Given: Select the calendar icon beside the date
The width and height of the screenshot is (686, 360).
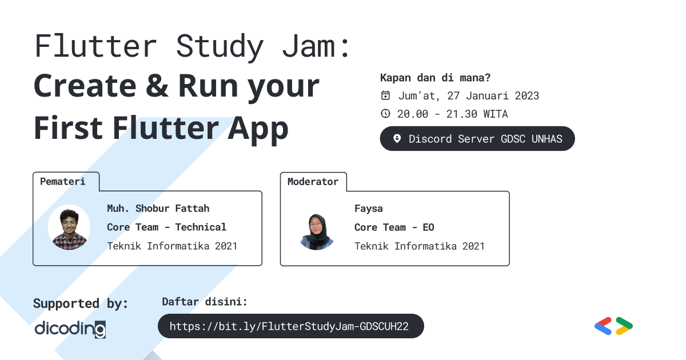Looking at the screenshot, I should pyautogui.click(x=386, y=95).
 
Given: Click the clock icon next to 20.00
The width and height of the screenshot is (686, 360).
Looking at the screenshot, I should pyautogui.click(x=386, y=114).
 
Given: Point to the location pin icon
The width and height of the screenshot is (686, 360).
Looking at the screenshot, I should pyautogui.click(x=397, y=139).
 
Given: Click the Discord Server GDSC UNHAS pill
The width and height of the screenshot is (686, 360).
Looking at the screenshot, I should pyautogui.click(x=477, y=139).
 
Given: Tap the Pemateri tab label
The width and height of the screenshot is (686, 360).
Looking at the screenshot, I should pyautogui.click(x=63, y=182).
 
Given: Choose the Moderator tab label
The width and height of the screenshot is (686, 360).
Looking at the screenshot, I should pyautogui.click(x=313, y=182).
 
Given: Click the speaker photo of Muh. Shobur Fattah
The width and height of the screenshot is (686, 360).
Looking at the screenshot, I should pyautogui.click(x=69, y=227).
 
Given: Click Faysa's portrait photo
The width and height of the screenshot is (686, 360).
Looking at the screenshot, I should pyautogui.click(x=317, y=231).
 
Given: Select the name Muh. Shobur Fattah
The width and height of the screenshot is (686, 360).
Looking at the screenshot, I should pyautogui.click(x=158, y=209).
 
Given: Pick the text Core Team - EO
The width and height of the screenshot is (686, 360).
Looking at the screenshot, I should pyautogui.click(x=394, y=227).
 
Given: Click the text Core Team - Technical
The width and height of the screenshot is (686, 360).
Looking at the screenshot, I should pyautogui.click(x=166, y=227).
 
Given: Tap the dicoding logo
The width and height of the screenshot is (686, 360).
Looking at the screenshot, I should pyautogui.click(x=70, y=329).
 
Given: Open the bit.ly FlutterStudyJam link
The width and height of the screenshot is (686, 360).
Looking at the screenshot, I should pyautogui.click(x=290, y=326).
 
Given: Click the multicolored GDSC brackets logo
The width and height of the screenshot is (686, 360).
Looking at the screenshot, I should pyautogui.click(x=613, y=326).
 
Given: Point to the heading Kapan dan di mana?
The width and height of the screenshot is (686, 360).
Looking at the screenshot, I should pyautogui.click(x=435, y=78).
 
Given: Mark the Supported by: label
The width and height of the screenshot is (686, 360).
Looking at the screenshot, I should pyautogui.click(x=81, y=303).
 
